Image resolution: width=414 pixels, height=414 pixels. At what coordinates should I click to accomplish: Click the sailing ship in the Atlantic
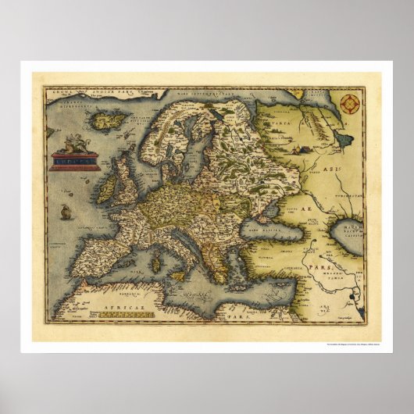coord(65,212)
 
